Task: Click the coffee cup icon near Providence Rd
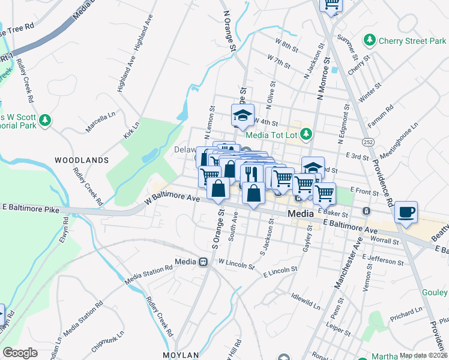(406, 212)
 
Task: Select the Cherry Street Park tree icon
(370, 41)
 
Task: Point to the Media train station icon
(203, 262)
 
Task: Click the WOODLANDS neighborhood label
(82, 160)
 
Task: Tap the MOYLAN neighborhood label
(179, 355)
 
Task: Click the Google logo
(20, 353)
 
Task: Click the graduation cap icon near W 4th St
(243, 115)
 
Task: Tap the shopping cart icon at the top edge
(331, 5)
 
